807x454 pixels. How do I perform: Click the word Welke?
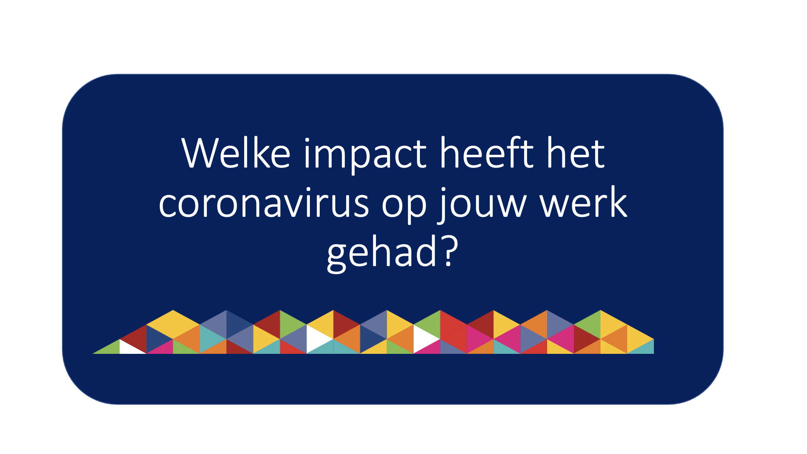[x=236, y=153]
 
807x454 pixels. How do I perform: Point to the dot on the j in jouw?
[x=444, y=190]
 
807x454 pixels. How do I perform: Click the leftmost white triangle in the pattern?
[x=132, y=346]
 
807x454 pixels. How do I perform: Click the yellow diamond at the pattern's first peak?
[x=173, y=324]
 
